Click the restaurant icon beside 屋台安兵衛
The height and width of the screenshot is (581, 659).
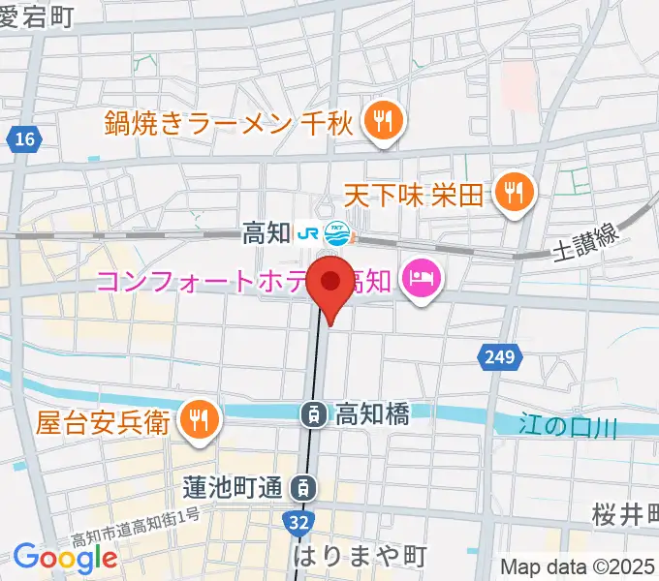click(200, 419)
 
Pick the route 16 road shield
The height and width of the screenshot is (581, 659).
click(25, 141)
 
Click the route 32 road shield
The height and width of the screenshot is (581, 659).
click(299, 520)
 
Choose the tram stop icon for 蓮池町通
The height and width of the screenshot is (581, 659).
click(305, 486)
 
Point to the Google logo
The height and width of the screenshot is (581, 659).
click(65, 557)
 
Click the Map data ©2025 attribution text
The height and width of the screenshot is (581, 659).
click(579, 566)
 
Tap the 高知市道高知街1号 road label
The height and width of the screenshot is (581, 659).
click(136, 527)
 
